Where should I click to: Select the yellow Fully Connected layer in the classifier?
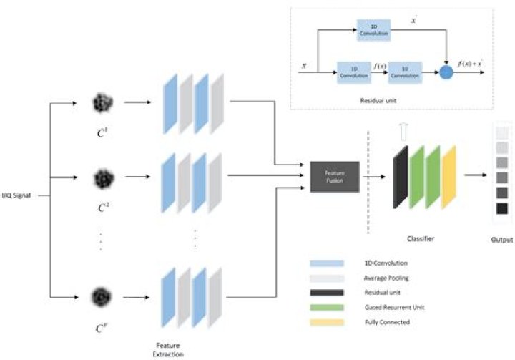click(448, 176)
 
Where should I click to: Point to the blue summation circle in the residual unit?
click(446, 72)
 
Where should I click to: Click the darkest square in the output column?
click(502, 209)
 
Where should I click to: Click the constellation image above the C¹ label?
click(101, 104)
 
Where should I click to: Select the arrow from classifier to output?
click(476, 174)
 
